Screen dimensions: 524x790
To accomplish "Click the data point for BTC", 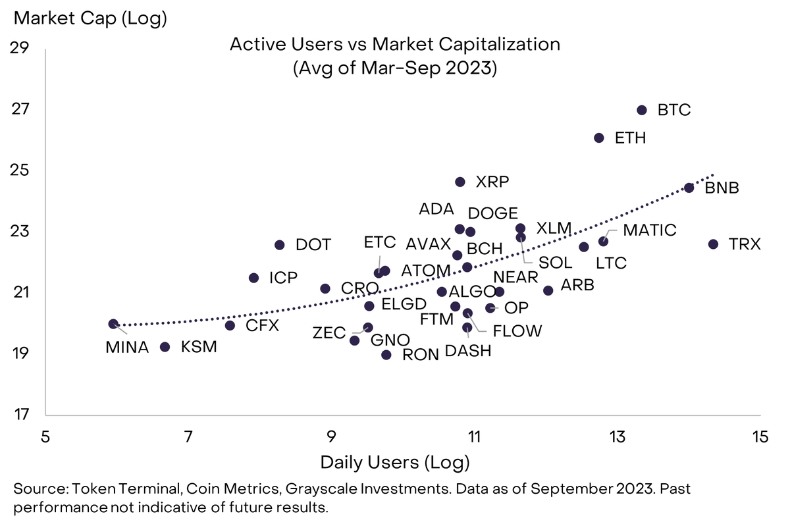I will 642,110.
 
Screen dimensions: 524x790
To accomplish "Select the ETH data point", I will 598,138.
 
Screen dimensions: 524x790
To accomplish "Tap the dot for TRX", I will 712,244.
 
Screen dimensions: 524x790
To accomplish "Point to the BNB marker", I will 689,188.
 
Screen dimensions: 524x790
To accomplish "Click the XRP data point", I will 460,182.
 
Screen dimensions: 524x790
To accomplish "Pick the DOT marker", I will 279,245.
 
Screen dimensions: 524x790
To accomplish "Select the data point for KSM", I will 165,347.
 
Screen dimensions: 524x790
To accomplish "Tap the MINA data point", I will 113,324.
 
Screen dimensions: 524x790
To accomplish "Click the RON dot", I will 386,355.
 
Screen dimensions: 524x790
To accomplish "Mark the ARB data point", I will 548,290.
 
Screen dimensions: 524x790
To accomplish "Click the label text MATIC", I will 649,230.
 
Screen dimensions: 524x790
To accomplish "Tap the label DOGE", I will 492,213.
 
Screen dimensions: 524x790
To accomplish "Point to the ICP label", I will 283,277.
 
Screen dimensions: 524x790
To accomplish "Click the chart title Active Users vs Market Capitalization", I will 394,45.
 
